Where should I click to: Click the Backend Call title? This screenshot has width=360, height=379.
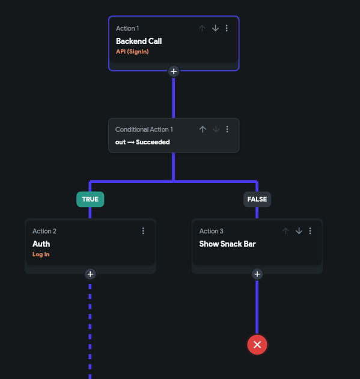[139, 41]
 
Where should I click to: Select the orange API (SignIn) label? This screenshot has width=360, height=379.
[132, 52]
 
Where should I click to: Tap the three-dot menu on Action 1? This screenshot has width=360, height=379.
[227, 28]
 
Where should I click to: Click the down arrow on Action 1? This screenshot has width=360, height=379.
[215, 28]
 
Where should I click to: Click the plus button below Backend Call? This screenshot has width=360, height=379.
[174, 72]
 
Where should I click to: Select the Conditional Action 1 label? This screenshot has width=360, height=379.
[144, 129]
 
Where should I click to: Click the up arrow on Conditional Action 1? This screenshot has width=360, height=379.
[203, 129]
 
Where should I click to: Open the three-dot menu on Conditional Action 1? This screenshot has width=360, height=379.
[227, 129]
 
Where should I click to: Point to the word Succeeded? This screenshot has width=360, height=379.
[153, 142]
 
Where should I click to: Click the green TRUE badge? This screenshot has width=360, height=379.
[90, 199]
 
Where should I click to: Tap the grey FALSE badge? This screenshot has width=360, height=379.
[257, 199]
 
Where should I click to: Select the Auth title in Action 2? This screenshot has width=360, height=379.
[41, 244]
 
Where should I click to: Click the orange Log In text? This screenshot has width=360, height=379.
[41, 254]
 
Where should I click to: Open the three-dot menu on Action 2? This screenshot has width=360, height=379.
[143, 231]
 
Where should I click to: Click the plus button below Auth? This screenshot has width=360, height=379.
[90, 274]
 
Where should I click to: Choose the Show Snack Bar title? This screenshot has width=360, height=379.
[227, 244]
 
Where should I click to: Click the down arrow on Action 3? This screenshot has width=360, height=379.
[299, 231]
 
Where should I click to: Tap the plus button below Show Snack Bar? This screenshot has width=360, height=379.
[257, 274]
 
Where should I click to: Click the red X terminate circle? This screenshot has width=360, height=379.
[257, 345]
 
